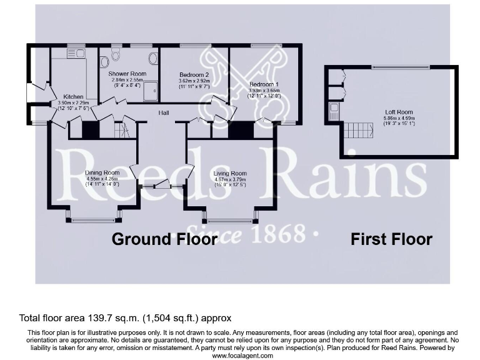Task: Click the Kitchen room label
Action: click(73, 97)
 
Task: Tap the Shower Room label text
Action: click(127, 74)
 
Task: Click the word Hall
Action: click(164, 112)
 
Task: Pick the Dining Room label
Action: click(102, 172)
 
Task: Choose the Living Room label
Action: click(230, 173)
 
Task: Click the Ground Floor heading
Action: click(164, 239)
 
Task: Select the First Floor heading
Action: click(391, 239)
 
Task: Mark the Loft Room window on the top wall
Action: click(400, 66)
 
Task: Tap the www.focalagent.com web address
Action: click(242, 355)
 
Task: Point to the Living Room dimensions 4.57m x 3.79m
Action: click(230, 180)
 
